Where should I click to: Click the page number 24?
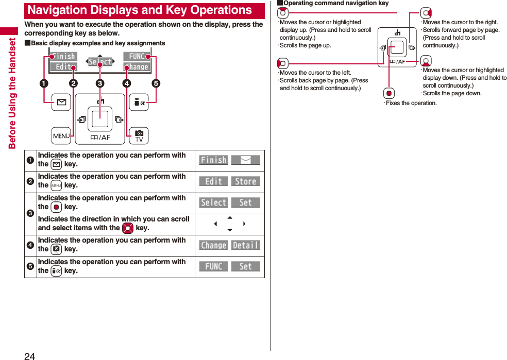(29, 355)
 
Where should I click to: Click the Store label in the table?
(245, 181)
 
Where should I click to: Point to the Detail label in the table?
(245, 245)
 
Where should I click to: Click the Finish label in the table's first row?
(213, 160)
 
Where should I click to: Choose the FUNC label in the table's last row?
(213, 266)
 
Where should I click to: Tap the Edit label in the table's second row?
(213, 181)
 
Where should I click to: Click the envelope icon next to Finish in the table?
(245, 160)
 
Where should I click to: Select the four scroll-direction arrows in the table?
(229, 224)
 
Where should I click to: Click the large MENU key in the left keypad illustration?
(61, 136)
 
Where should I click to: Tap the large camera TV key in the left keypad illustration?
(139, 136)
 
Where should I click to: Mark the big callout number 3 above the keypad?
(99, 83)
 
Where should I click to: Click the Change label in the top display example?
(137, 67)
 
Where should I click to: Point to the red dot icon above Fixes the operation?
(390, 93)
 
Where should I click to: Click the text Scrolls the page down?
(452, 93)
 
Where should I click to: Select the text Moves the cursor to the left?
(315, 73)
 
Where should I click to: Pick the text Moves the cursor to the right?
(460, 22)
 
